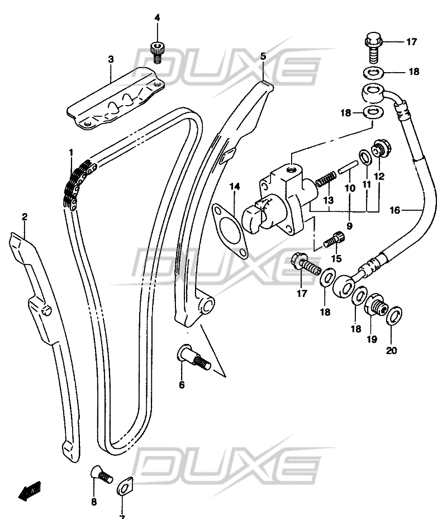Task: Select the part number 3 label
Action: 111,59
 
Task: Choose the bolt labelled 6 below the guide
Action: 193,358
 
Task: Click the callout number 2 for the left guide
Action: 25,216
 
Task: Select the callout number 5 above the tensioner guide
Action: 264,56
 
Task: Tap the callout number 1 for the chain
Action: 71,152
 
